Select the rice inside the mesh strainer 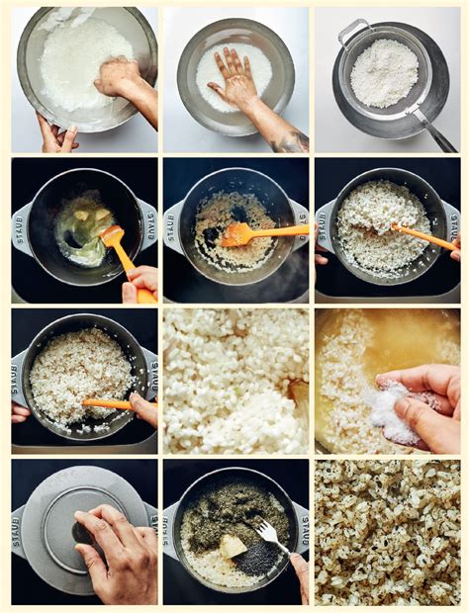pos(384,71)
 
